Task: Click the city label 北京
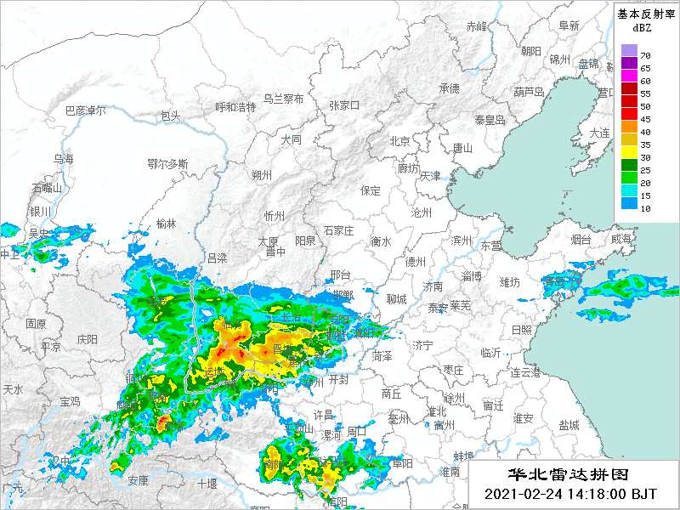pos(399,141)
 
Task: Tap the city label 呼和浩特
pos(235,107)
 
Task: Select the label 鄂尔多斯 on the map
pos(167,163)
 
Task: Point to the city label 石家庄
pos(338,230)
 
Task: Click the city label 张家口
pos(344,105)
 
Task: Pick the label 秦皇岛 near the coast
pos(490,120)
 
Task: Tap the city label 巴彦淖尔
pos(86,110)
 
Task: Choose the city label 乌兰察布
pos(283,99)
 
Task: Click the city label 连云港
pos(524,372)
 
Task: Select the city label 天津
pos(430,176)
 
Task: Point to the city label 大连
pos(600,133)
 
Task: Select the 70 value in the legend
pos(645,55)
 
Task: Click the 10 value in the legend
pos(645,208)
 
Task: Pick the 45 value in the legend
pos(645,119)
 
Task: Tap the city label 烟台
pos(581,241)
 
